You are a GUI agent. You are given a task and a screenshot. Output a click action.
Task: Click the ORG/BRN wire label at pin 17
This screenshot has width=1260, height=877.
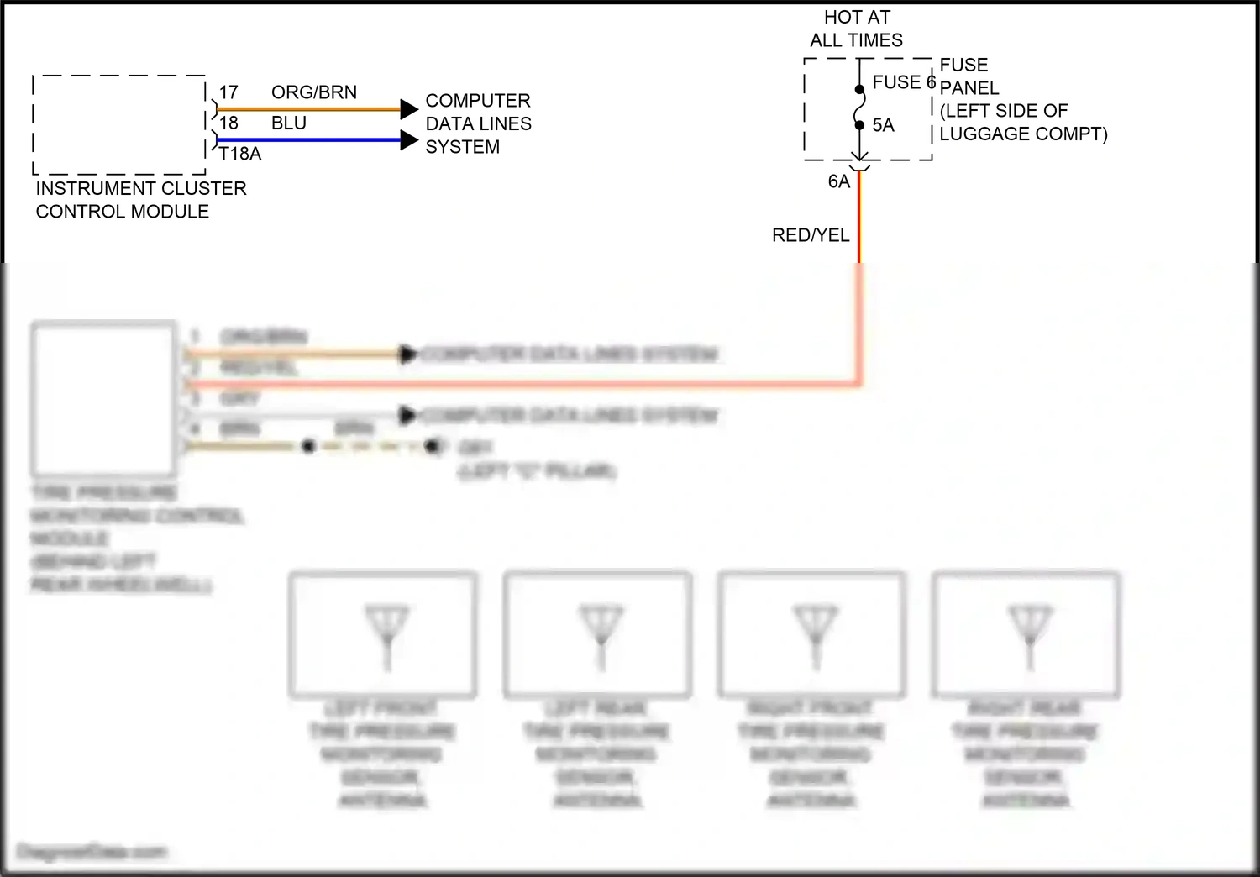click(313, 92)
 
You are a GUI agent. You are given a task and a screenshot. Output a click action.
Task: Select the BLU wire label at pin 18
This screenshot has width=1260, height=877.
click(288, 123)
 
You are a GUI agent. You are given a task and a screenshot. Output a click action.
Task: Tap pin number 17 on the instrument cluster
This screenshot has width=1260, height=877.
click(228, 92)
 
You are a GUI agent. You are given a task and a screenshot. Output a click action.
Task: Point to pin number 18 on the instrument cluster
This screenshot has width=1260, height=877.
click(228, 123)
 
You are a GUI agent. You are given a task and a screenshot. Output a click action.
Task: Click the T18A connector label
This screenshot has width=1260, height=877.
click(240, 154)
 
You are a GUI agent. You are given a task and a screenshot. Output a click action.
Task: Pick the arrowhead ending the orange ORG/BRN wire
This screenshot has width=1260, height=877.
click(409, 109)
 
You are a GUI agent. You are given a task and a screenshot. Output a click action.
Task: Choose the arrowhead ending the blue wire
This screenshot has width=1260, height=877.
click(409, 140)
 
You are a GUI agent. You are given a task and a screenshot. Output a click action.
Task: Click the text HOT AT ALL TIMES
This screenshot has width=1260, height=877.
click(856, 29)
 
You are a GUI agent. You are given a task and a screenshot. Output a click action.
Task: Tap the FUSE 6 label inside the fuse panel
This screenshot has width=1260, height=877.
click(903, 82)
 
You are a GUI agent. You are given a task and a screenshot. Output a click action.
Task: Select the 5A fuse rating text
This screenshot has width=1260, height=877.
click(883, 125)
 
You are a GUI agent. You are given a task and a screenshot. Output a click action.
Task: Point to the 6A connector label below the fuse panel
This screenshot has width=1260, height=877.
click(838, 181)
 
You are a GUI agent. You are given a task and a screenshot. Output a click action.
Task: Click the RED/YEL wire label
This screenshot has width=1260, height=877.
click(811, 235)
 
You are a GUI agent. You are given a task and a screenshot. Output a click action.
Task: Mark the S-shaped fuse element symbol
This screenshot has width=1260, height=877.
click(859, 108)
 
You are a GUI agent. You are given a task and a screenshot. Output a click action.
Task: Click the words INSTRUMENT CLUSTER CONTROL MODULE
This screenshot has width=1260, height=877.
click(140, 200)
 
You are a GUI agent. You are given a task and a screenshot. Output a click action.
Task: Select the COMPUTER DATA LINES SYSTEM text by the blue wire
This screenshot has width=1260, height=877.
click(478, 123)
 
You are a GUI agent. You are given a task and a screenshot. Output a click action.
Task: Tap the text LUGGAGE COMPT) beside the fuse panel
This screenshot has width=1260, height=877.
click(1023, 134)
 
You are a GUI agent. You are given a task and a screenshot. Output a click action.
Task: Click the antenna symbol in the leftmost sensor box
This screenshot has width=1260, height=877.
click(386, 634)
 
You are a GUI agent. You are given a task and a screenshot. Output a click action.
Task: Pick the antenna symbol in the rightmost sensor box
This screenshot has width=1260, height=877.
click(1030, 634)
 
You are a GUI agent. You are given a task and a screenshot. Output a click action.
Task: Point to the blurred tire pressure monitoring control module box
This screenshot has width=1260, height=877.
click(103, 398)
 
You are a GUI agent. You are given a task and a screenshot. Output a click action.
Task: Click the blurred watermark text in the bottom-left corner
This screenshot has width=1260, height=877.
click(92, 853)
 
